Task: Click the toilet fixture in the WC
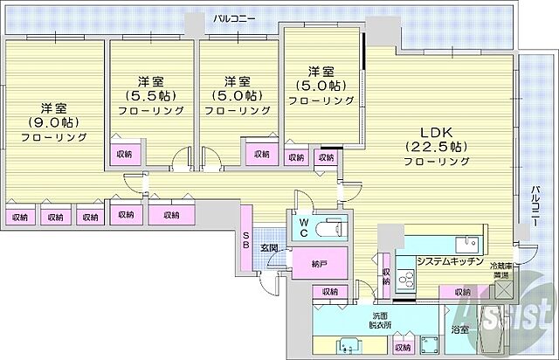tap(333, 229)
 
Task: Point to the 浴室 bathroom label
tap(460, 330)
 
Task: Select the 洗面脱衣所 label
tap(379, 321)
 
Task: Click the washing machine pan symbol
tap(429, 343)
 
